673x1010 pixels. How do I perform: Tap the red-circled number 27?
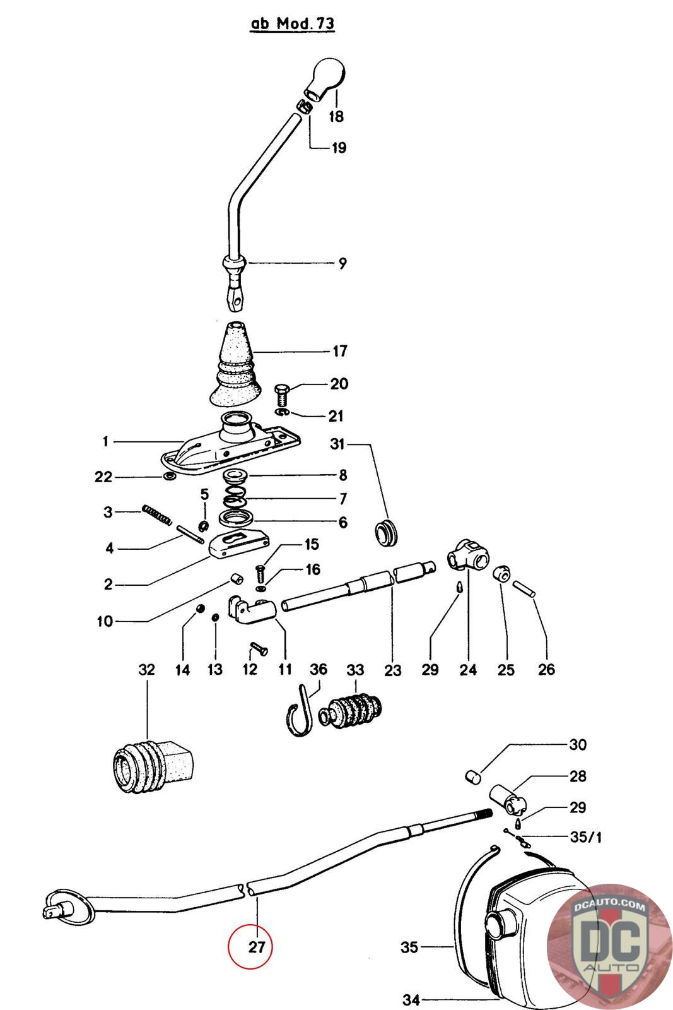point(257,946)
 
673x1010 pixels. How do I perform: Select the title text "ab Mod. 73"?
point(293,23)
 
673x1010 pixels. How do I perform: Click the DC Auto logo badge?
point(609,946)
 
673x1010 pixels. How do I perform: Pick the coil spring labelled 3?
point(157,515)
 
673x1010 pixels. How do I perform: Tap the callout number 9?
point(342,263)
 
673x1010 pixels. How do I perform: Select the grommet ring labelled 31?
point(387,532)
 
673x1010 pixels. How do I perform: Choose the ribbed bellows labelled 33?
point(350,712)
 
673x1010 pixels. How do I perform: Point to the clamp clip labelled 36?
point(300,711)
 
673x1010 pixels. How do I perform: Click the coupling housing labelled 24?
point(469,554)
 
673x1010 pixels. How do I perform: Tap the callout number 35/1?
point(585,837)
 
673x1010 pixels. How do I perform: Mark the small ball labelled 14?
point(201,609)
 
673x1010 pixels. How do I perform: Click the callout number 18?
point(336,116)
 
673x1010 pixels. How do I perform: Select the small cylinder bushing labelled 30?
point(472,777)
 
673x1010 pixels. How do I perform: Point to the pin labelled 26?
point(523,588)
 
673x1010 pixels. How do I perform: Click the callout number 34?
point(411,1000)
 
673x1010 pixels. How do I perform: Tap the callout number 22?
point(103,477)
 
